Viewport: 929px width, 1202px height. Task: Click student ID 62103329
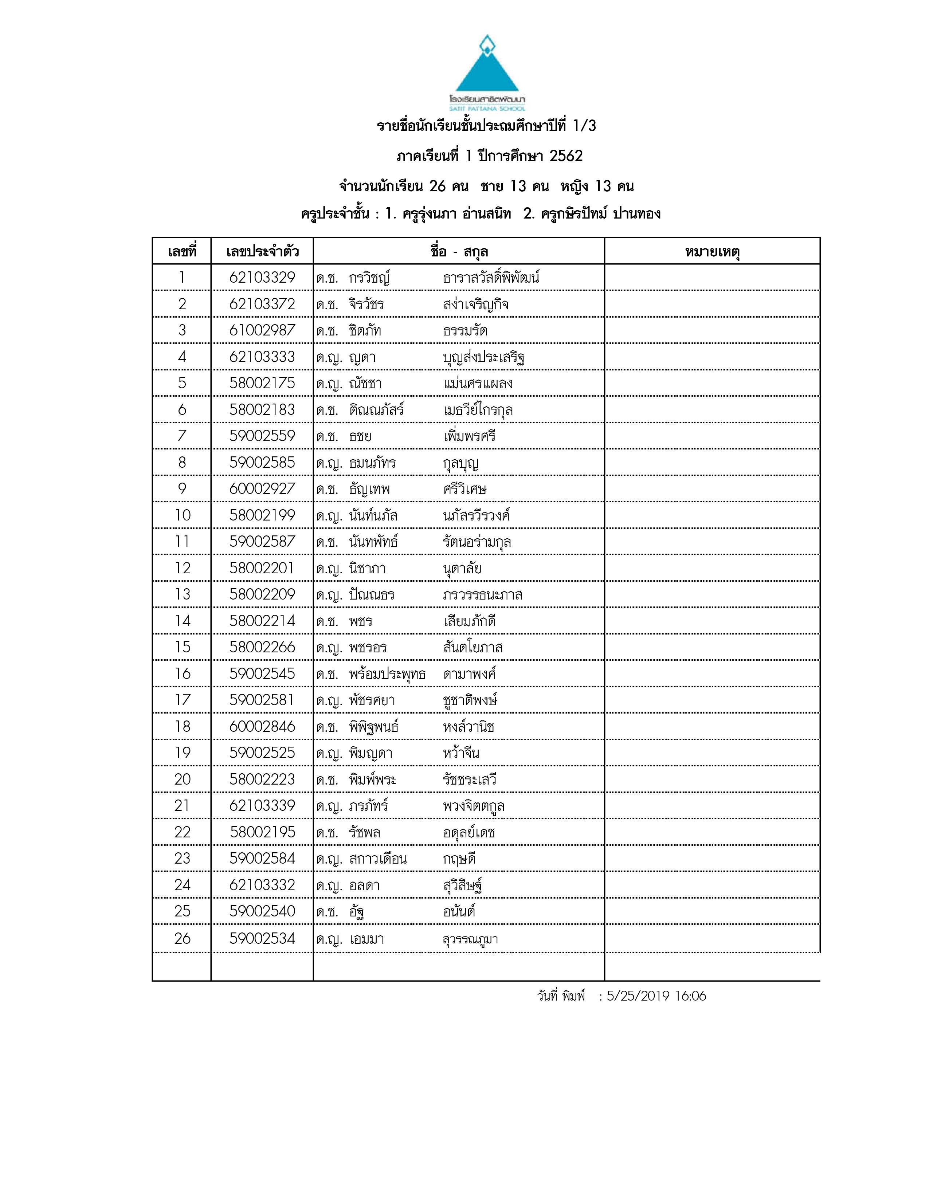point(262,278)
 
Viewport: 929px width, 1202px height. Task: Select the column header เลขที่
point(182,252)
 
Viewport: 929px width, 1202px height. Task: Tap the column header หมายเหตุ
point(712,252)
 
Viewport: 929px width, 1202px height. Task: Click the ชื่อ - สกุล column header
point(459,252)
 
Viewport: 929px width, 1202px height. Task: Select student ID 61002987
point(262,330)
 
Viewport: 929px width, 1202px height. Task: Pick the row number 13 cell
point(182,594)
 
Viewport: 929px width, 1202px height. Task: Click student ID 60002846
point(262,727)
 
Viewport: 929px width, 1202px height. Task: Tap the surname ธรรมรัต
point(465,331)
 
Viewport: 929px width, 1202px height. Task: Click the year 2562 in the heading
point(566,156)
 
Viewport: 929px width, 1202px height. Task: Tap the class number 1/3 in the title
point(584,126)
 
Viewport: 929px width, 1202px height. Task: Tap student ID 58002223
point(262,779)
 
